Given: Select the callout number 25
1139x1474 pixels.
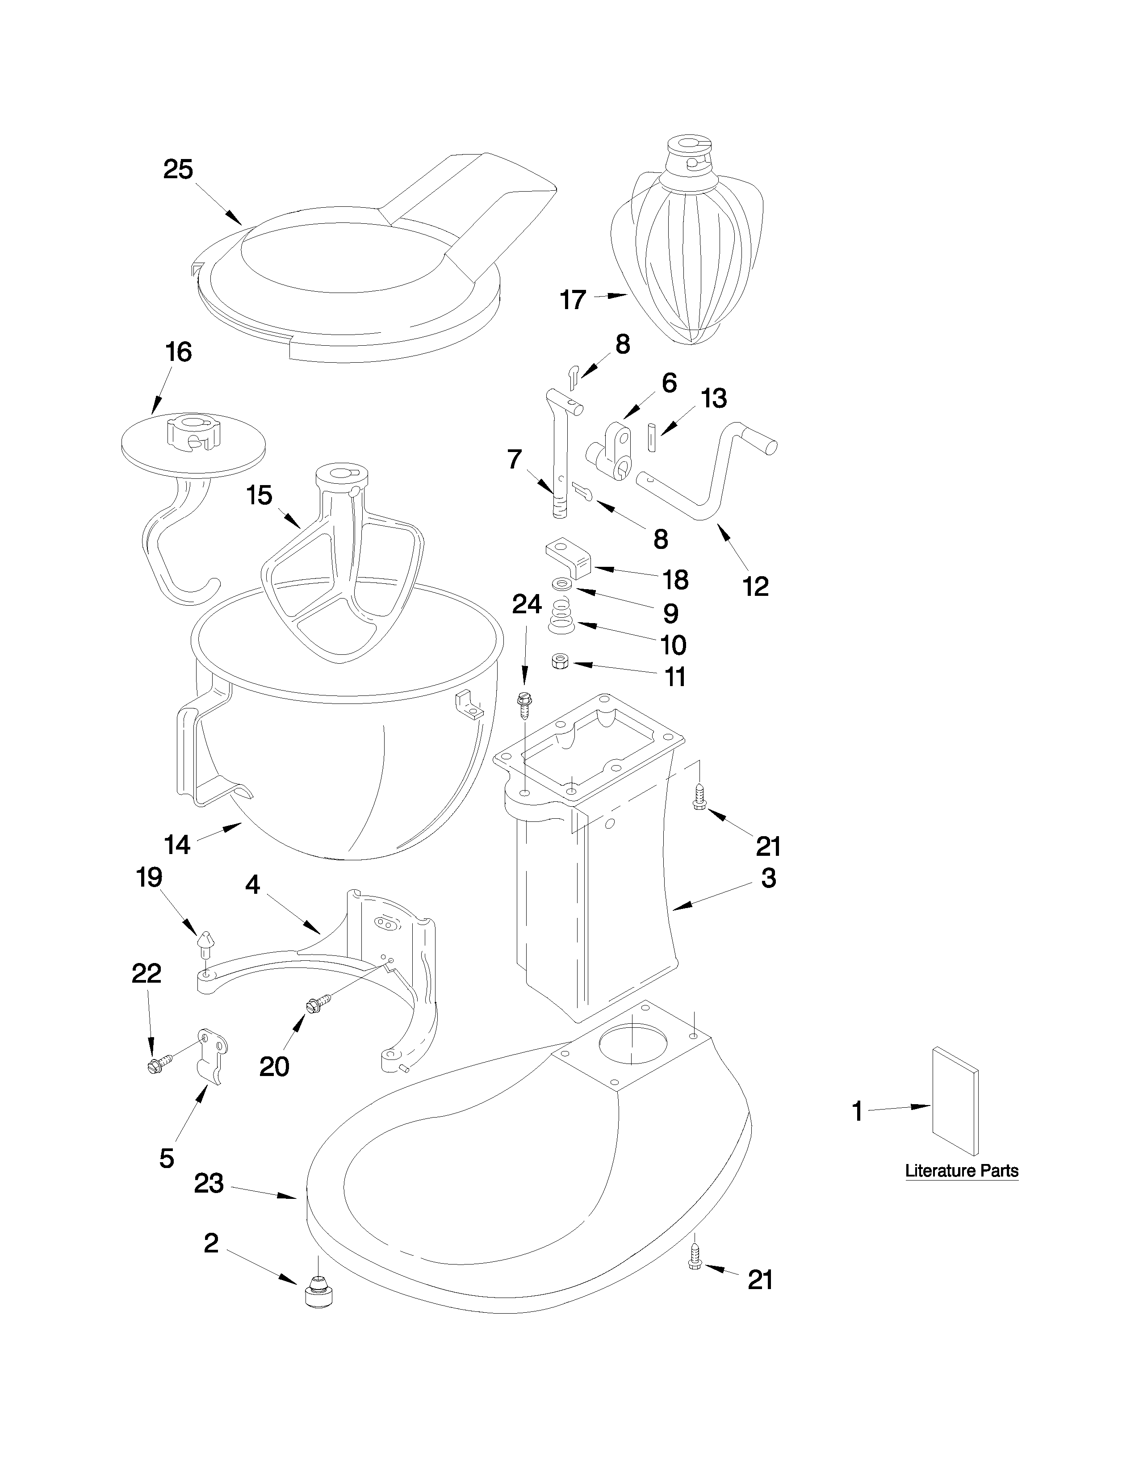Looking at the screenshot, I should pyautogui.click(x=178, y=169).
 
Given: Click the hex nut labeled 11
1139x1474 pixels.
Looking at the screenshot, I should pyautogui.click(x=559, y=662).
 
